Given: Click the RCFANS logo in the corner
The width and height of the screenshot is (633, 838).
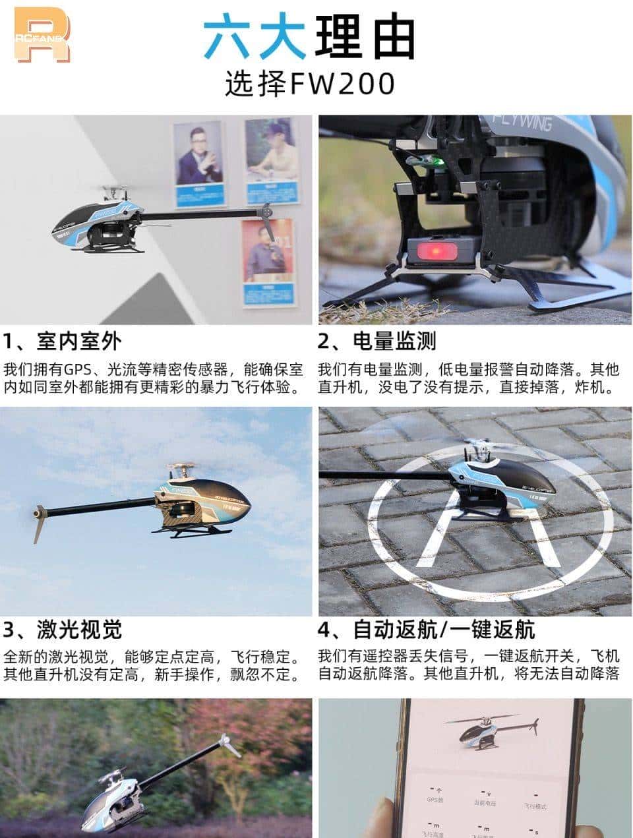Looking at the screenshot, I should (x=42, y=35).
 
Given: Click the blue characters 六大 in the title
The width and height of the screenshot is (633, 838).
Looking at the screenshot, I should (x=254, y=36).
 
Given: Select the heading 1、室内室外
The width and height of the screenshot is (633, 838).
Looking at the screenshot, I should (x=63, y=341).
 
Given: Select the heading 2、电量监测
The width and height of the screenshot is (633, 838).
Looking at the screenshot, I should (x=377, y=341).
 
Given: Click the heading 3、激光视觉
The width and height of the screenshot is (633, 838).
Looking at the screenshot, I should (x=63, y=630).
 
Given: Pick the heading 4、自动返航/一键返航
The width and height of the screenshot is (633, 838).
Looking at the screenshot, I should (x=426, y=630).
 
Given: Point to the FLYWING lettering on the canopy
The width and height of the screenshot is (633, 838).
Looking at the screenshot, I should (x=525, y=123).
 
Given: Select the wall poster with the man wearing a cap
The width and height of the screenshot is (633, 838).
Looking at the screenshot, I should (x=268, y=161).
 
